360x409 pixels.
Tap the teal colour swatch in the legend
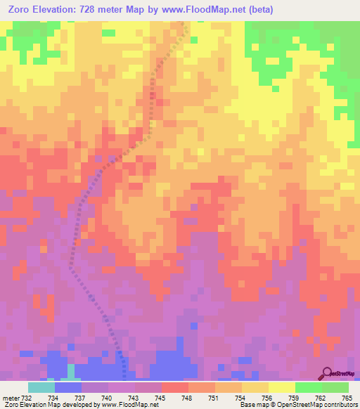pyautogui.click(x=41, y=387)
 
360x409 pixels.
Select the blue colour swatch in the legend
pyautogui.click(x=68, y=387)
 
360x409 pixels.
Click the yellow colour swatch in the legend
pyautogui.click(x=282, y=387)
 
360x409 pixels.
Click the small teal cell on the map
pyautogui.click(x=71, y=370)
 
